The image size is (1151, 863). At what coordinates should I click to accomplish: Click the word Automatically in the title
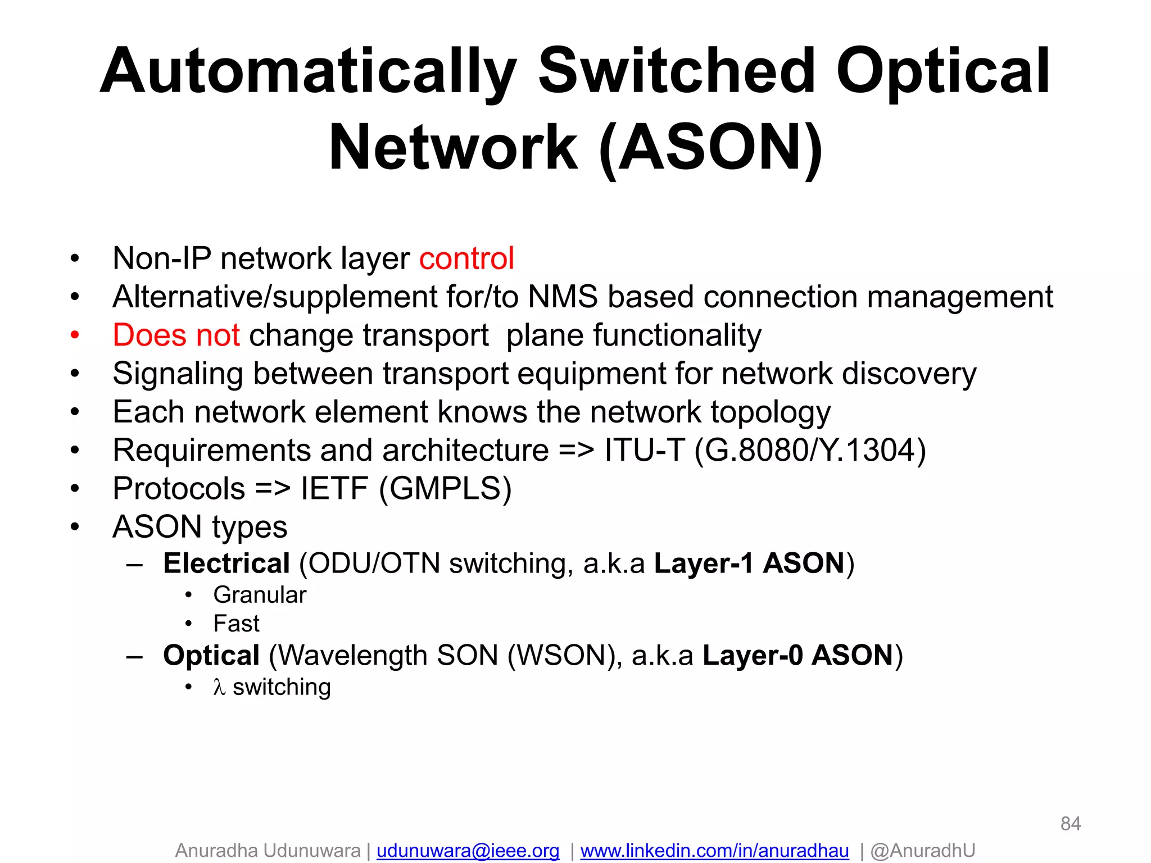click(x=308, y=72)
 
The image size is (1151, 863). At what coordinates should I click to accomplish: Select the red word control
click(x=466, y=258)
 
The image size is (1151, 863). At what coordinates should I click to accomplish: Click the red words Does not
click(x=176, y=335)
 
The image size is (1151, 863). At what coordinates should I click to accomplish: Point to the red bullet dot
click(x=75, y=335)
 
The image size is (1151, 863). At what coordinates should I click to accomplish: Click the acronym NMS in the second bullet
click(x=563, y=297)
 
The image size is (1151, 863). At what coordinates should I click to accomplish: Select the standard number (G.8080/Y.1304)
click(x=810, y=451)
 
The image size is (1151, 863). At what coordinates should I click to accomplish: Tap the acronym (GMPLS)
click(x=445, y=489)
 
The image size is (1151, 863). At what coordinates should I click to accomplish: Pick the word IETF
click(x=334, y=489)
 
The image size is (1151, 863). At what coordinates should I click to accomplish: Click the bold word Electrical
click(x=226, y=564)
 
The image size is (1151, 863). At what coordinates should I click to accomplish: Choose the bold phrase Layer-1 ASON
click(x=750, y=564)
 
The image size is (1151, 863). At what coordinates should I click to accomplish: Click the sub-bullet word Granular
click(x=260, y=595)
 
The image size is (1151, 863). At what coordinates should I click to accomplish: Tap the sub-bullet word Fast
click(x=236, y=624)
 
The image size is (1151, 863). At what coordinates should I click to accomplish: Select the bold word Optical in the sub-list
click(x=211, y=656)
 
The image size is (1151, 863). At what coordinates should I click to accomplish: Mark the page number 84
click(x=1070, y=824)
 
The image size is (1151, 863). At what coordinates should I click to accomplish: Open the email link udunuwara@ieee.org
click(x=468, y=851)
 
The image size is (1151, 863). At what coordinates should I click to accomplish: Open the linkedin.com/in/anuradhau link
click(x=714, y=851)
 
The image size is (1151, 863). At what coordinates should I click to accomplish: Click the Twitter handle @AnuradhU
click(x=923, y=851)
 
